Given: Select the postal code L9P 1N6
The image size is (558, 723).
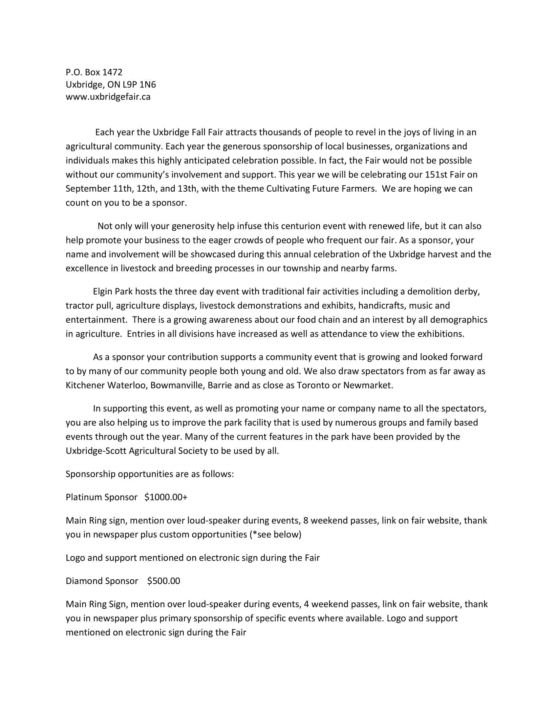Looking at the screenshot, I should click(139, 85).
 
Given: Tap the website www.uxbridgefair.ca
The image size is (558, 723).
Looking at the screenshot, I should click(108, 97).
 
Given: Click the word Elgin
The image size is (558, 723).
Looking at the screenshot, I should click(103, 292).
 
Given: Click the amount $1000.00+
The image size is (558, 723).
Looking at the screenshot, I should click(166, 497).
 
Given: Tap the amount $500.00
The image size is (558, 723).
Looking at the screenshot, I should click(164, 581).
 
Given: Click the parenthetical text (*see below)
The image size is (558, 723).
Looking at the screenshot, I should click(276, 535).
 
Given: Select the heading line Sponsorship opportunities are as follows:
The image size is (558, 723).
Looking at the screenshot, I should click(150, 474).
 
